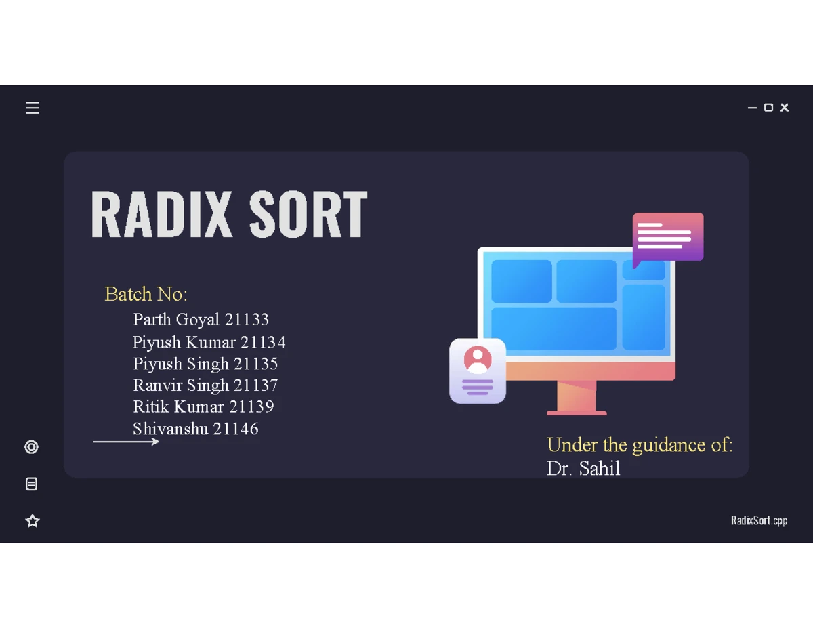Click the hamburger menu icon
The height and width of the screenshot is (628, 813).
[x=33, y=108]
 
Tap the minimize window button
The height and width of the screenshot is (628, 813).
[x=752, y=108]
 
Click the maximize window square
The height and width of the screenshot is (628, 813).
[x=768, y=108]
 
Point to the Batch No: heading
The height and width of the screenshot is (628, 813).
[x=146, y=294]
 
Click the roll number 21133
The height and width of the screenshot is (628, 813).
[x=247, y=320]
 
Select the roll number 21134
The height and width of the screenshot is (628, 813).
[x=263, y=342]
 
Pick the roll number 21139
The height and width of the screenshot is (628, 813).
[x=251, y=406]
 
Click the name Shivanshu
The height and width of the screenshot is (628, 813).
[x=170, y=429]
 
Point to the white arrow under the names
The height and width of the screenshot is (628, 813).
[x=126, y=442]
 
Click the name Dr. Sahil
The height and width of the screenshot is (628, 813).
[x=583, y=468]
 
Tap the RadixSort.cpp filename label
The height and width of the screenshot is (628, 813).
[x=759, y=521]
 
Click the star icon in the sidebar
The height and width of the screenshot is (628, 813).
[x=33, y=521]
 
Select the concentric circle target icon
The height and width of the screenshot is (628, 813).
[x=31, y=447]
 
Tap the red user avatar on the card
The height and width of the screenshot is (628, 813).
[x=478, y=360]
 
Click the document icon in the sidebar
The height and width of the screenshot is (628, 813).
[x=31, y=484]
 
